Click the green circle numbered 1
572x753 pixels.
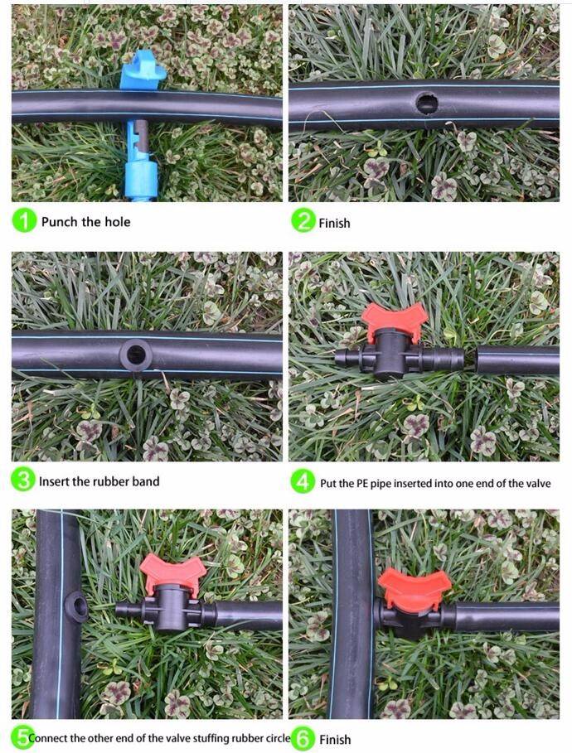[x=23, y=221]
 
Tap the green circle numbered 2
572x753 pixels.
[x=303, y=221]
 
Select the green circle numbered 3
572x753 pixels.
[x=23, y=480]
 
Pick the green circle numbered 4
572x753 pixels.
[x=303, y=481]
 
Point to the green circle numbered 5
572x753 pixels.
[x=22, y=738]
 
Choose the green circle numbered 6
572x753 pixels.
[x=303, y=739]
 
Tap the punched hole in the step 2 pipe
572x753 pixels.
[x=426, y=104]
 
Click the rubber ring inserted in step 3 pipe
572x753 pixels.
[x=136, y=355]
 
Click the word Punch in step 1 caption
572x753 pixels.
[x=59, y=222]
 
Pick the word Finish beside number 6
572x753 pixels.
[x=335, y=740]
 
